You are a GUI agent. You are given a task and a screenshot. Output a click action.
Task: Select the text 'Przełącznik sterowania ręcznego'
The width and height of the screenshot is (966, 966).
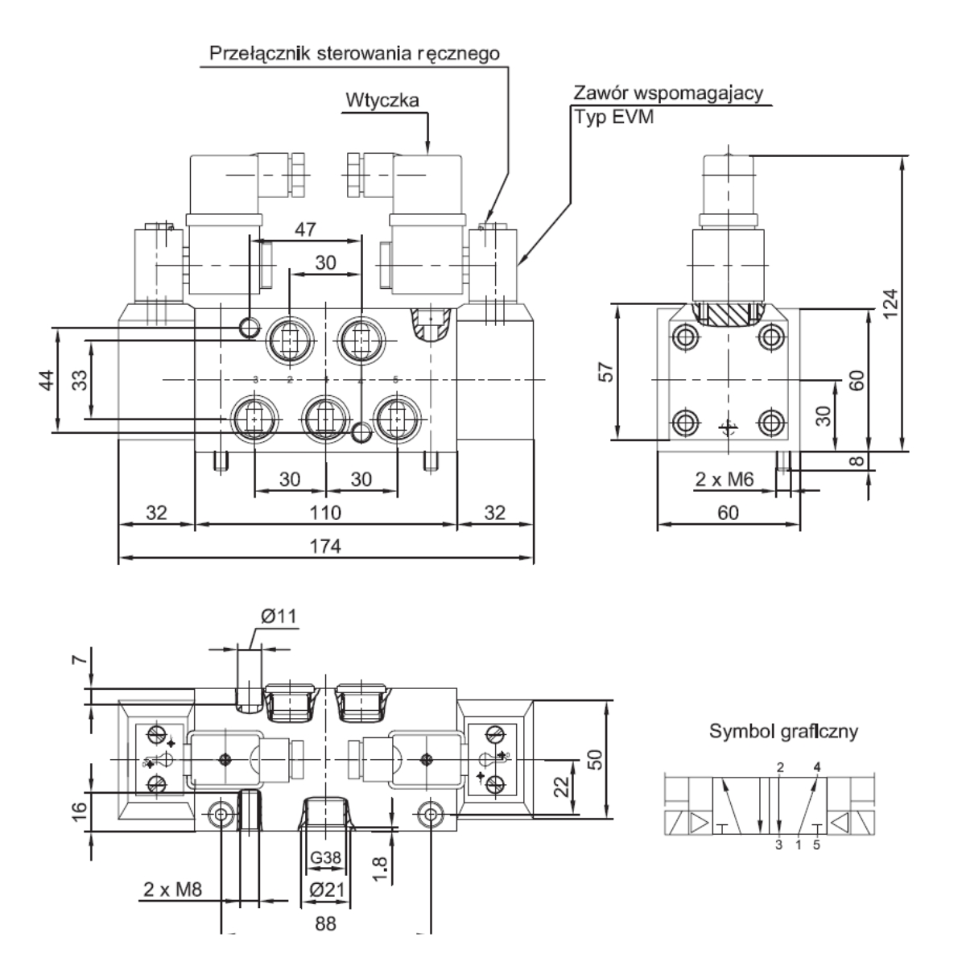pos(354,54)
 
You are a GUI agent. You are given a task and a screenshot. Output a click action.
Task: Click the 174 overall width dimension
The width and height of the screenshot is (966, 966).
pos(325,547)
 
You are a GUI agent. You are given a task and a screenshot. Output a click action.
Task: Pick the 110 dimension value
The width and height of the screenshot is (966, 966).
pos(325,513)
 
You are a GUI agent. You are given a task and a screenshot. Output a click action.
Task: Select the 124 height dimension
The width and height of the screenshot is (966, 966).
pos(890,303)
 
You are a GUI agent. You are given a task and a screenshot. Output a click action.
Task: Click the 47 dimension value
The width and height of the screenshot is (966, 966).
pos(305,229)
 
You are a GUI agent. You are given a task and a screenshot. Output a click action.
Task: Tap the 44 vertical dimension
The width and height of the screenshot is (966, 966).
pos(46,380)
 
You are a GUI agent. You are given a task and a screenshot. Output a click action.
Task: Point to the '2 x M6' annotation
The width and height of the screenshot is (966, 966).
pos(724,481)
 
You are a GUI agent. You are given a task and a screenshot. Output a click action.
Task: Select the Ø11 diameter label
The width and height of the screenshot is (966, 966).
pos(279,617)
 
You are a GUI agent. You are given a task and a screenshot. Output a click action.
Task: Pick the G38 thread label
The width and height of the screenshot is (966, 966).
pos(326,857)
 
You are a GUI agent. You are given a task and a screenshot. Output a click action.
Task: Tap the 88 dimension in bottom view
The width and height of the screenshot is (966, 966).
pos(325,923)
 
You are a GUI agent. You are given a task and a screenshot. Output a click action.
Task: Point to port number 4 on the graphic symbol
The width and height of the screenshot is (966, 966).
pos(818,766)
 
